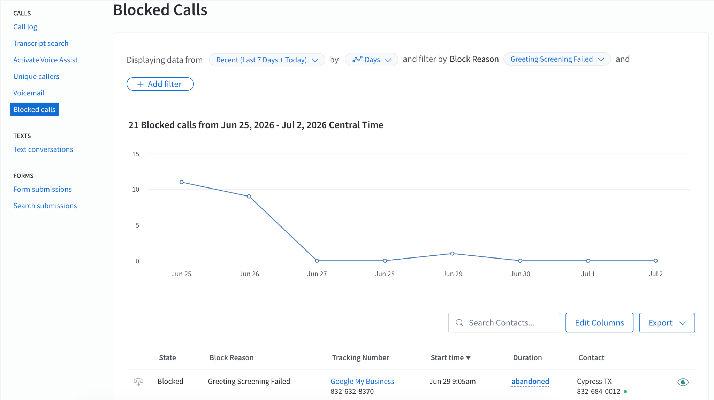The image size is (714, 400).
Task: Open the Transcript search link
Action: point(41,43)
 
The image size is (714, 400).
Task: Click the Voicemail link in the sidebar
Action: point(29,93)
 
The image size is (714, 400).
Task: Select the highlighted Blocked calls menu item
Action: point(34,109)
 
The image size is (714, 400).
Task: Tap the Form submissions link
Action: point(43,189)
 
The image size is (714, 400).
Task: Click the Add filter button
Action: point(160,84)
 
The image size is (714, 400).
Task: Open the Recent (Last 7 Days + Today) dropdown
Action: point(267,60)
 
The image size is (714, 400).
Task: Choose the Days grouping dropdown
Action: point(371,60)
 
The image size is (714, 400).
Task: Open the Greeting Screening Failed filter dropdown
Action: point(557,59)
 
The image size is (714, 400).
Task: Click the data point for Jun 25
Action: point(182,182)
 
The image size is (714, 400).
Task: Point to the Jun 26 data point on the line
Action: point(249,197)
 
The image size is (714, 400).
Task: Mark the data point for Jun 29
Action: point(452,254)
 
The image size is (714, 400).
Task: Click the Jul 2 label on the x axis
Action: point(656,274)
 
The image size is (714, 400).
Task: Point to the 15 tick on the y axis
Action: point(136,154)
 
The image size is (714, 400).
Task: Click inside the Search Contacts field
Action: point(504,323)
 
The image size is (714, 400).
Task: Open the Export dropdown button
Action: point(667,323)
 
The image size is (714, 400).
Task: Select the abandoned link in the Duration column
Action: point(530,382)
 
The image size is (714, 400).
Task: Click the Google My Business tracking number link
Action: point(362,382)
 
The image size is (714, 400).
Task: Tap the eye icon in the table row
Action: point(683,382)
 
